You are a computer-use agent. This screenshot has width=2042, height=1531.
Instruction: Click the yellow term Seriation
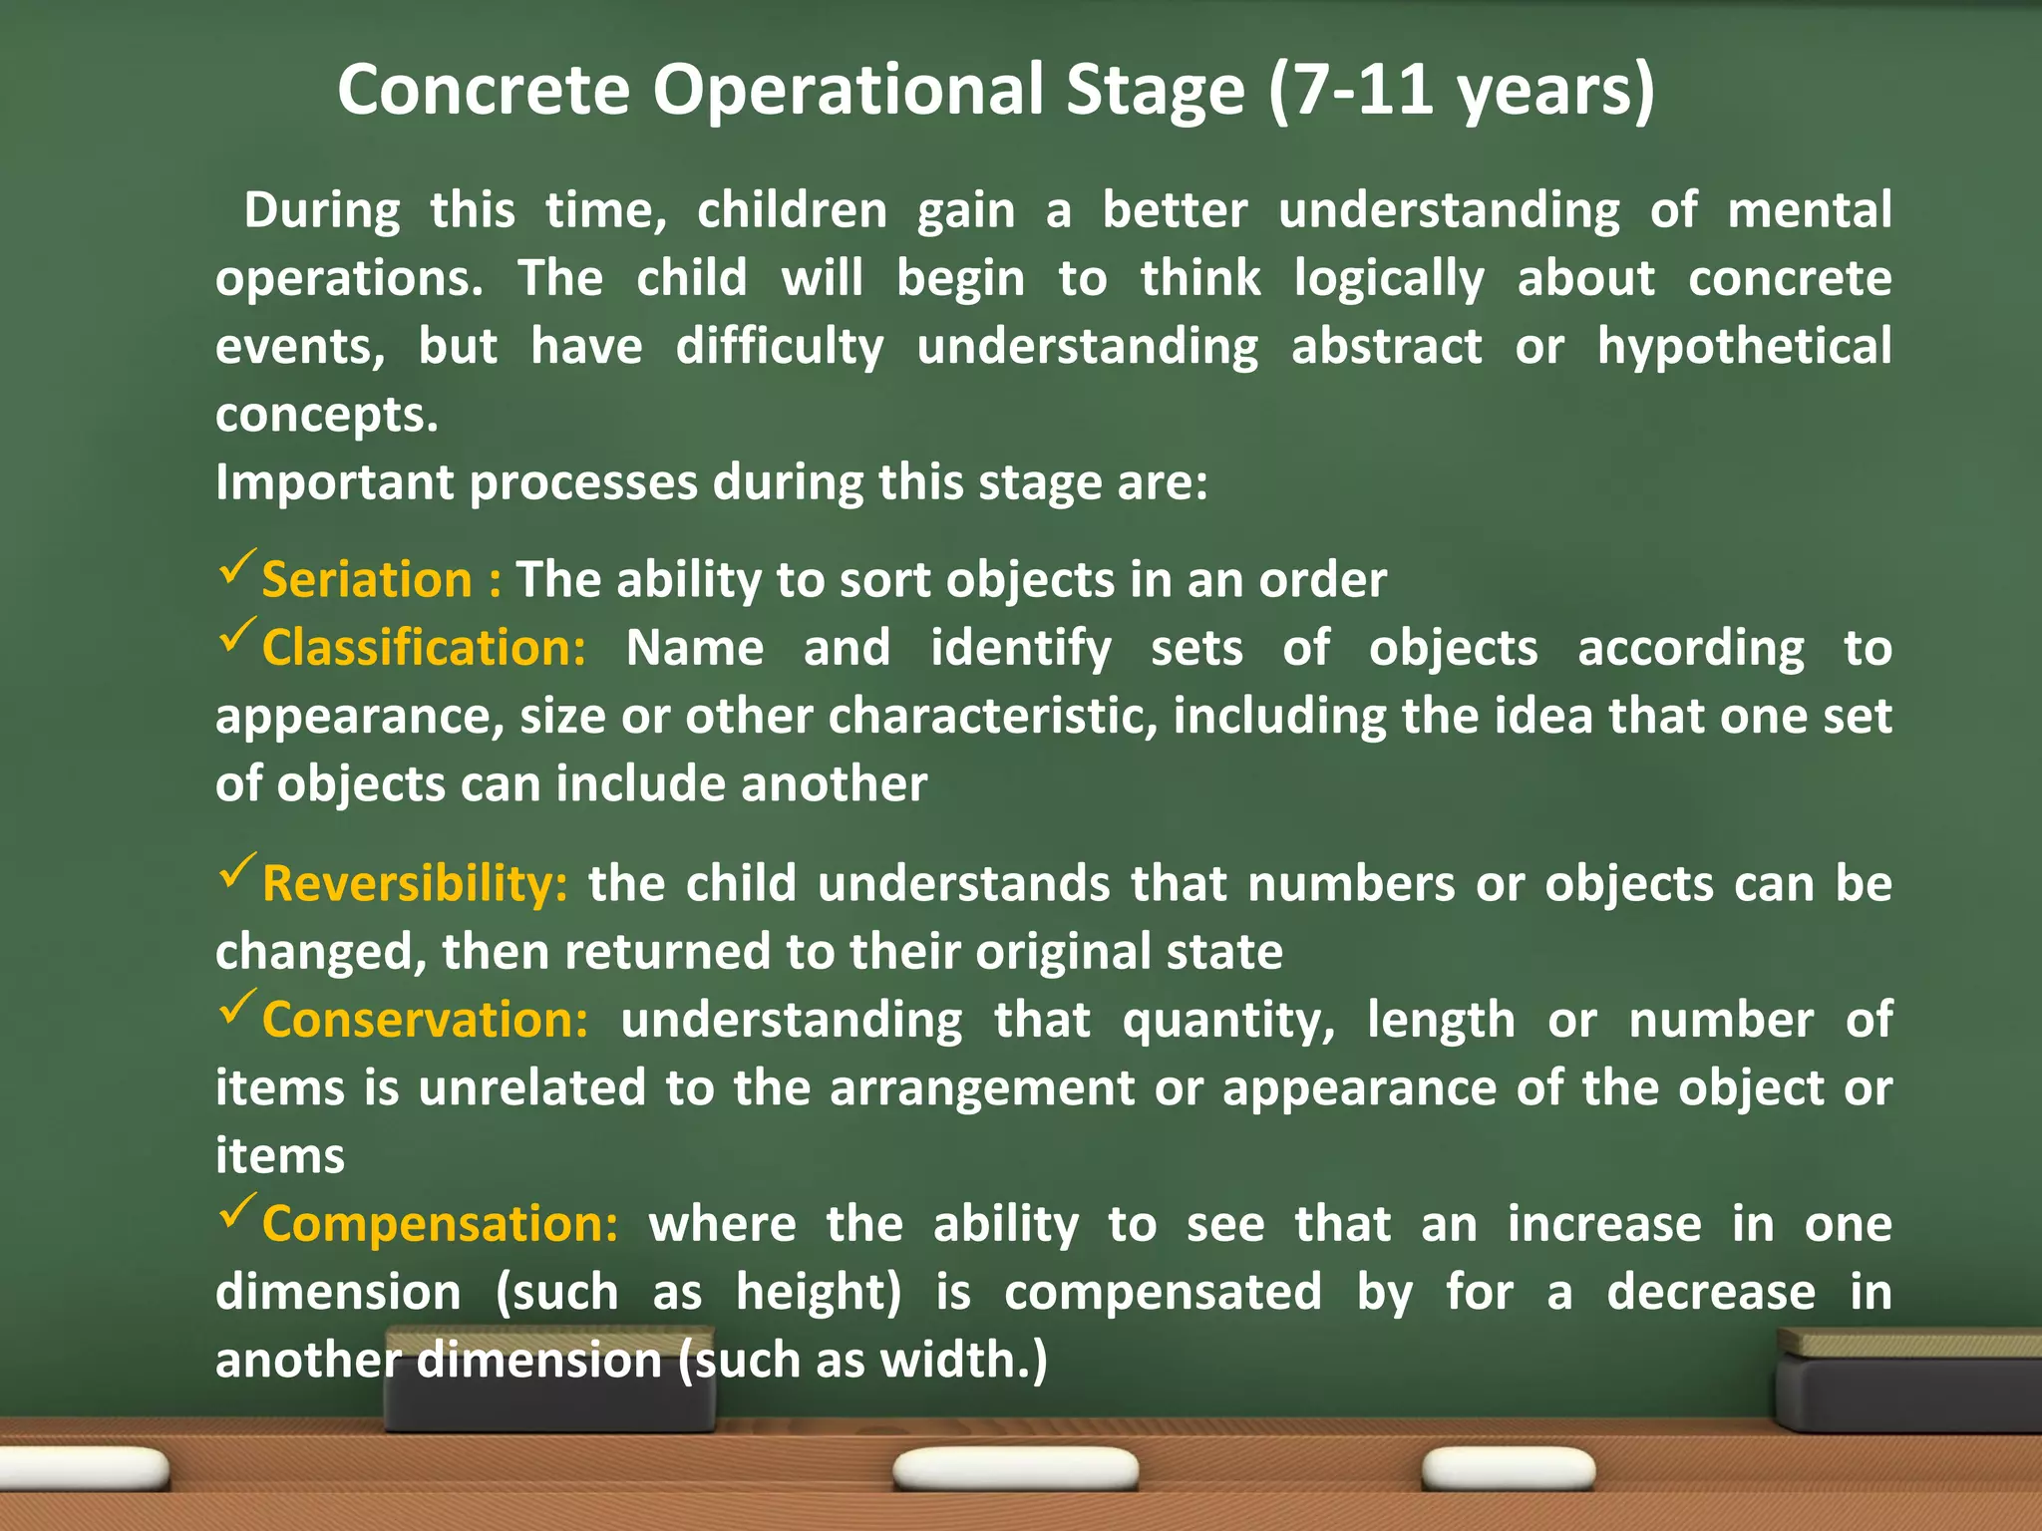coord(366,580)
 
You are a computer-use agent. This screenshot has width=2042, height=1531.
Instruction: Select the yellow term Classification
coord(424,648)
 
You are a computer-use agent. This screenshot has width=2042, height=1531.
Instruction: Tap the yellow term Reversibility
coord(415,884)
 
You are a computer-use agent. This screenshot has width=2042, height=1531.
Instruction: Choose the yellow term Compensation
coord(440,1224)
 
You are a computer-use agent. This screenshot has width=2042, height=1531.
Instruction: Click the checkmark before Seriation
coord(236,567)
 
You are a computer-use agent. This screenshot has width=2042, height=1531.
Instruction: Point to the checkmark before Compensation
coord(236,1211)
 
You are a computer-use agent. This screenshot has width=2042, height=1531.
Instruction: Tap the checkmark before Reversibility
coord(236,871)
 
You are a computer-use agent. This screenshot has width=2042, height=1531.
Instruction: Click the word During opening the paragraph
coord(321,211)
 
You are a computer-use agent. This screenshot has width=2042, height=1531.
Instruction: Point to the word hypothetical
coord(1744,347)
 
